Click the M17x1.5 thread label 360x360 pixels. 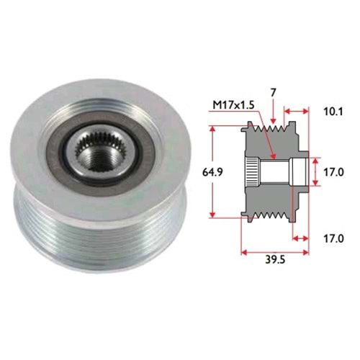click(x=233, y=105)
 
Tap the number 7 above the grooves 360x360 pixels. click(x=274, y=92)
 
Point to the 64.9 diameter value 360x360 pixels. click(x=213, y=172)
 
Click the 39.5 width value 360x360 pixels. click(x=275, y=260)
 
